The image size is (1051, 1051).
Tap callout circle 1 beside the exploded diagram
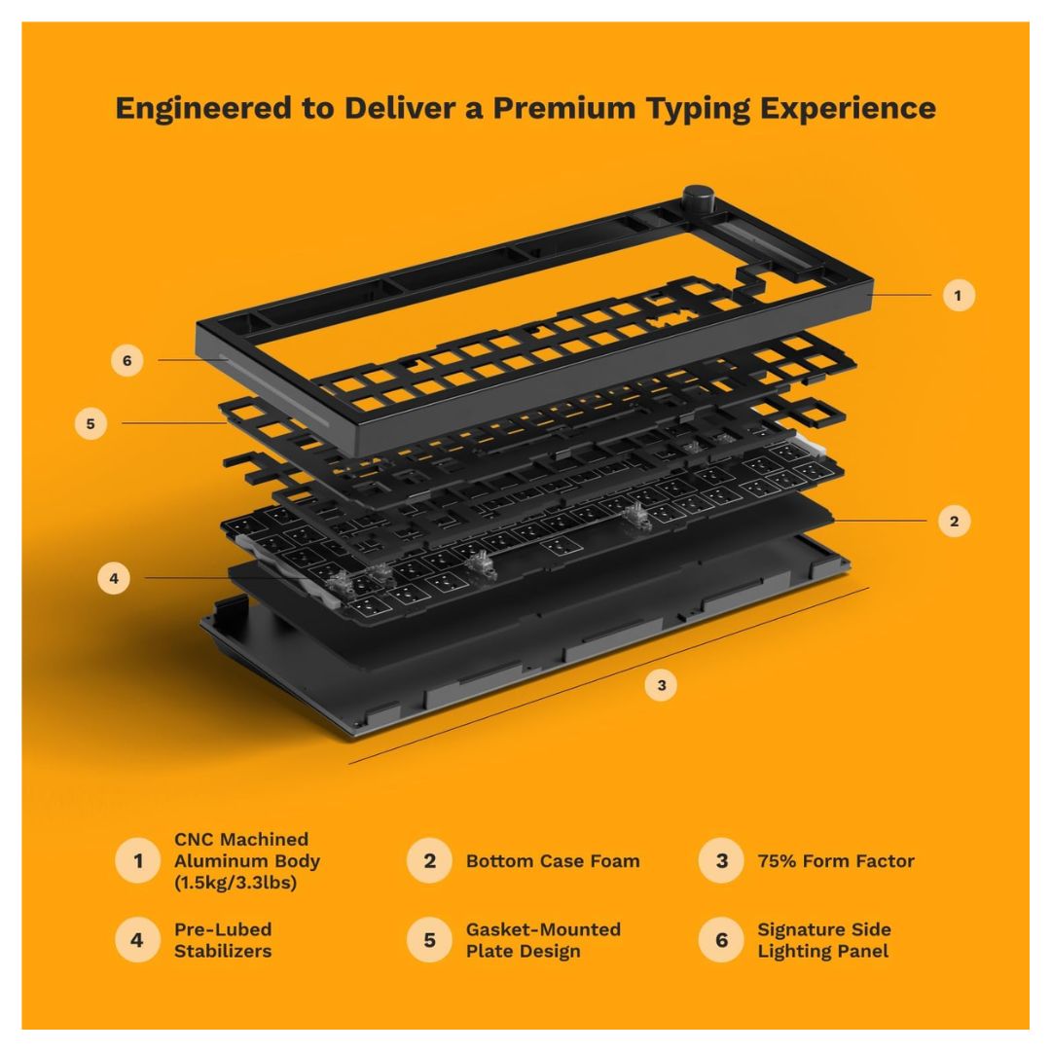[959, 295]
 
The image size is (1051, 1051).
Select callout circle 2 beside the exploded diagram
[955, 521]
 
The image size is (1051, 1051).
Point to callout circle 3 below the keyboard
[661, 685]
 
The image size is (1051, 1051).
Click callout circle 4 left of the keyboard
[114, 578]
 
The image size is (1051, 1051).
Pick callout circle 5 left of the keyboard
[91, 423]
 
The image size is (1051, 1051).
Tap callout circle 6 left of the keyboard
[127, 361]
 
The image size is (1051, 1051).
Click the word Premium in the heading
[564, 108]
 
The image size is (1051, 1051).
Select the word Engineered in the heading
[203, 109]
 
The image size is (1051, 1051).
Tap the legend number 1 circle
[137, 860]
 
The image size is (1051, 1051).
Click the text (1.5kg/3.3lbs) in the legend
[236, 882]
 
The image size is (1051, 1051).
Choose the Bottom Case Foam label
[553, 860]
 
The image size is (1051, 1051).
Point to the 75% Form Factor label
[836, 860]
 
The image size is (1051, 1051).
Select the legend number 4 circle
[137, 940]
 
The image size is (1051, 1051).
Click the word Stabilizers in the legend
[223, 951]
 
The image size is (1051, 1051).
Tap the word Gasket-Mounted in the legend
[543, 929]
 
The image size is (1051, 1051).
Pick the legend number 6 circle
[721, 940]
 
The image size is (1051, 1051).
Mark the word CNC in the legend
[195, 839]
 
